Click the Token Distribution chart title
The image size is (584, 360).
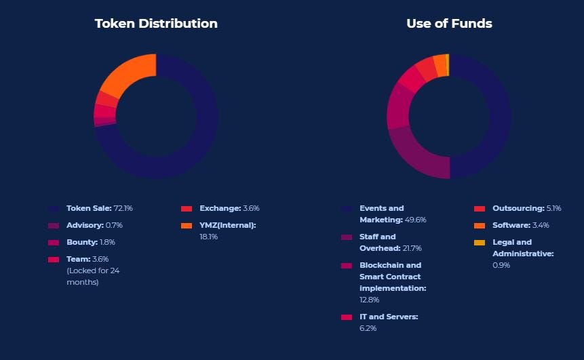click(156, 24)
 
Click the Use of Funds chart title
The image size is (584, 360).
click(449, 24)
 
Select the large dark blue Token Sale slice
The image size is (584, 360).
click(197, 142)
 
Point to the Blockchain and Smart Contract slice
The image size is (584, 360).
click(398, 105)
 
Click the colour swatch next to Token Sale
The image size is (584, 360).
click(54, 209)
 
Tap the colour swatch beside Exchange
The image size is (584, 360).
click(187, 209)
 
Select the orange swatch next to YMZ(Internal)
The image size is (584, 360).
click(187, 226)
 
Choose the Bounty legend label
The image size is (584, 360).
click(81, 242)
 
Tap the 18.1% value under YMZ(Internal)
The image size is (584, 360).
click(208, 237)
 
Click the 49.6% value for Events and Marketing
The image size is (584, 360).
click(415, 220)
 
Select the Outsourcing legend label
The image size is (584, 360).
click(518, 208)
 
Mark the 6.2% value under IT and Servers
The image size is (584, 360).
click(368, 328)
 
